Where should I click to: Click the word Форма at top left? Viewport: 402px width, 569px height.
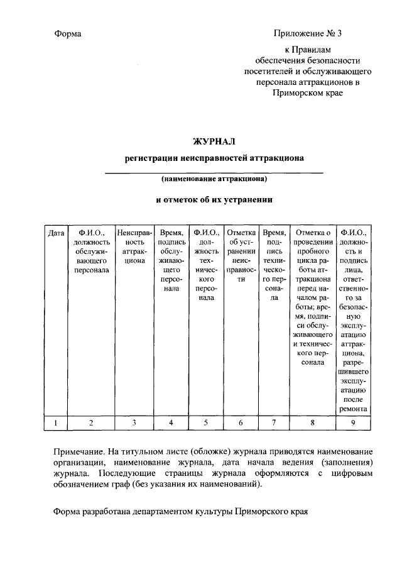point(68,33)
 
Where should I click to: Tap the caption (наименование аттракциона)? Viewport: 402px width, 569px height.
point(214,179)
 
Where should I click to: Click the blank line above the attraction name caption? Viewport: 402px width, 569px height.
point(214,172)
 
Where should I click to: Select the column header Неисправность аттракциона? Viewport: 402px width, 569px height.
point(134,246)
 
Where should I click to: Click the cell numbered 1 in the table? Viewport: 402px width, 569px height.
point(56,423)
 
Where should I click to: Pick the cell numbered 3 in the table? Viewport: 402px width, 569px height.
point(134,423)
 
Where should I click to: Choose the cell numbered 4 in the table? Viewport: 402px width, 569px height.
point(171,423)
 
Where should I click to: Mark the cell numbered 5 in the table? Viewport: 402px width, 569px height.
point(206,423)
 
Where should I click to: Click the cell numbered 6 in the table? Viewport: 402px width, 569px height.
point(241,423)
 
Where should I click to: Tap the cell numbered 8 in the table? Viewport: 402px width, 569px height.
point(312,423)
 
